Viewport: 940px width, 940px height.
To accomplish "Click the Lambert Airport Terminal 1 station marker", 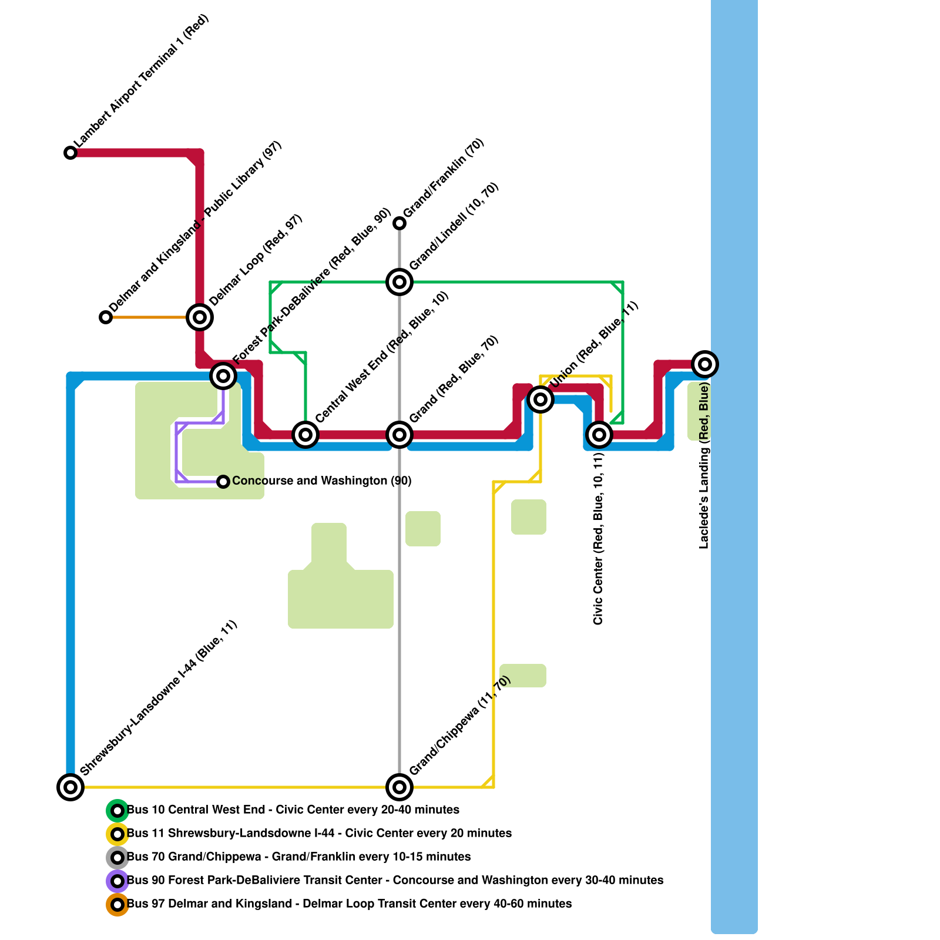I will coord(70,153).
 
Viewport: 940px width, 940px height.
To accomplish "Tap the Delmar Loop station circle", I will coord(200,317).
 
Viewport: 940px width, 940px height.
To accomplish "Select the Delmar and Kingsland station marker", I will coord(106,317).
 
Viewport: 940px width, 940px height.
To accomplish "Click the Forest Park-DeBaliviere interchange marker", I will coord(223,375).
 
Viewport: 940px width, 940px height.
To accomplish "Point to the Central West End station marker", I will coord(305,435).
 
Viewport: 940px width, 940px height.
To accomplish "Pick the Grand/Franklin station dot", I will coord(399,223).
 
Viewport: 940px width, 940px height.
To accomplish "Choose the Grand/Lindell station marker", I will coord(399,282).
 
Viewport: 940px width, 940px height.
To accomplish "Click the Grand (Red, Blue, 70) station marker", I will coord(399,435).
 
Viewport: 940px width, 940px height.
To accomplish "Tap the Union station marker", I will coord(540,399).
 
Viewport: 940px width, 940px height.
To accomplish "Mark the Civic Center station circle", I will coord(599,435).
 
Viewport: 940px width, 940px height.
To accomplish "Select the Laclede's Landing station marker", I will coord(705,364).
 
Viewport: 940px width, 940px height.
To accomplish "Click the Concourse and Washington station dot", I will coord(223,482).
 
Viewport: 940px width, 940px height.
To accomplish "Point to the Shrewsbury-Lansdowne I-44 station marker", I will coord(70,787).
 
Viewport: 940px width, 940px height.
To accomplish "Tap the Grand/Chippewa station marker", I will coord(399,787).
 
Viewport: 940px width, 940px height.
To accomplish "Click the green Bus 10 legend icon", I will coord(117,811).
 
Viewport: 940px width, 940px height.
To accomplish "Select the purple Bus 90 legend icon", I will coord(117,881).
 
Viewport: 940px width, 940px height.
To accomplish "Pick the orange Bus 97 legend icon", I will coord(117,905).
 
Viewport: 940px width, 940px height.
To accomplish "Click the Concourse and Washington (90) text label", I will coord(321,481).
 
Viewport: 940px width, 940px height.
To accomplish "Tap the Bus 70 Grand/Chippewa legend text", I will coord(298,857).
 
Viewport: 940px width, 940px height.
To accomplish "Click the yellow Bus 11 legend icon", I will coord(117,834).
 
